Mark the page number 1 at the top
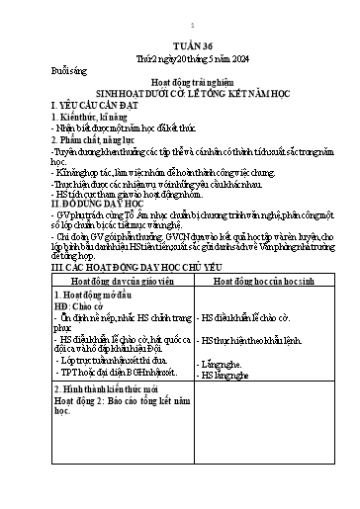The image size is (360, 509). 179,23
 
